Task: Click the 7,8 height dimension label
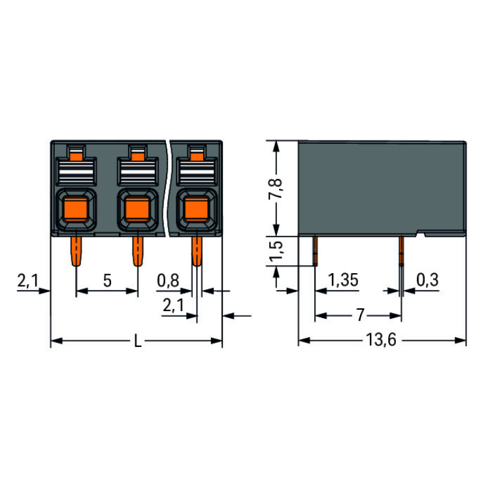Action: click(x=276, y=188)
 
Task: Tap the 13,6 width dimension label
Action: click(x=381, y=340)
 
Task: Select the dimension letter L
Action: click(x=137, y=340)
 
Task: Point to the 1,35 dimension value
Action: click(x=343, y=280)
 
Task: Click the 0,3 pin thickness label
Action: click(x=427, y=280)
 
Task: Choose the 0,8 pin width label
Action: click(x=168, y=280)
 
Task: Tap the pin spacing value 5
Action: click(x=107, y=281)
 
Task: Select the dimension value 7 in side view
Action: click(x=360, y=315)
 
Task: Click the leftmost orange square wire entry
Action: click(x=75, y=209)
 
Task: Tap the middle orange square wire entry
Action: click(x=137, y=209)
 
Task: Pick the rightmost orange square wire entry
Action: click(x=196, y=209)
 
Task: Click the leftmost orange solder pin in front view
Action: click(x=76, y=251)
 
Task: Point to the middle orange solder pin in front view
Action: click(x=138, y=251)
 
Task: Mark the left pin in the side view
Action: click(x=315, y=251)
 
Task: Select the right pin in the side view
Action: click(x=401, y=251)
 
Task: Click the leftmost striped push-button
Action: click(x=76, y=172)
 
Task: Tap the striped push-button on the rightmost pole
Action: click(x=197, y=172)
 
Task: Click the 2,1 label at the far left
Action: click(x=27, y=280)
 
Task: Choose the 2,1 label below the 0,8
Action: click(x=173, y=305)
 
